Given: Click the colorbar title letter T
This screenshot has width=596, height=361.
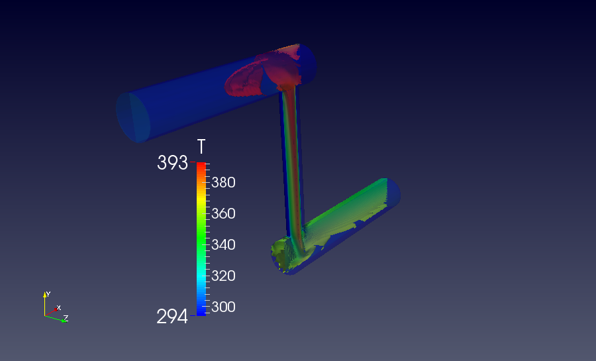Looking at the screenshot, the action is tap(201, 146).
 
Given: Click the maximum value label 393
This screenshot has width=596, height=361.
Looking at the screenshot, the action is tap(173, 163).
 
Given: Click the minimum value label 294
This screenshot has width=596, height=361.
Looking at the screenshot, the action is tap(172, 317).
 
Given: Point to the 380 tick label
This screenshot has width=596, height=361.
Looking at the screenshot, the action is tap(224, 183).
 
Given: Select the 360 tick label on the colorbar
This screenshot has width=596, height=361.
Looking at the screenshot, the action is tap(224, 213).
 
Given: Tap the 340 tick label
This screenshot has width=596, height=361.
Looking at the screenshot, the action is tap(224, 244).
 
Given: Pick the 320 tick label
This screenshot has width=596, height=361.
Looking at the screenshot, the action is tap(224, 276).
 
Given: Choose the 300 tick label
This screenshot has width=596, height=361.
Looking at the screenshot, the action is tap(224, 307).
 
